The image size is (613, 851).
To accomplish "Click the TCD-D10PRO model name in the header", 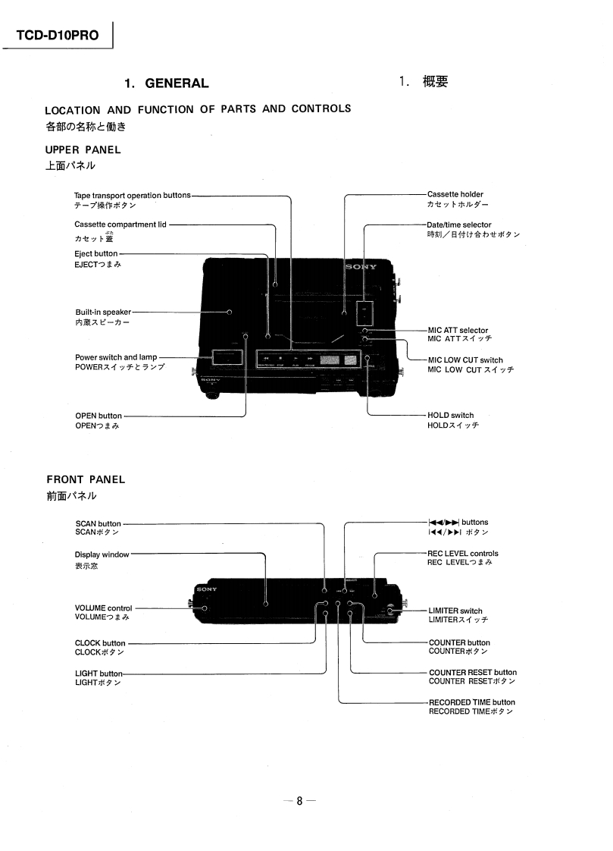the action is (58, 36).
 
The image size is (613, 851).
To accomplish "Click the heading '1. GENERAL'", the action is (167, 83).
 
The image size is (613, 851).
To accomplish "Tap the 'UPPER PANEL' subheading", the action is (83, 149).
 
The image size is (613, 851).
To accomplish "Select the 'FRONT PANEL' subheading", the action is (86, 479).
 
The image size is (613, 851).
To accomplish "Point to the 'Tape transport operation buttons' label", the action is (133, 196).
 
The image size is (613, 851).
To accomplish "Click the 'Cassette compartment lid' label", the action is (120, 225).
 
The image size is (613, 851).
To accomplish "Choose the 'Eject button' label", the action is (96, 253).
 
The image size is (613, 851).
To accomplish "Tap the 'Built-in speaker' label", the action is (103, 312).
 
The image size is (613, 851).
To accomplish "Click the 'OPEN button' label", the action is (99, 416).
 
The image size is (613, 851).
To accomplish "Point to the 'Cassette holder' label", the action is (455, 195).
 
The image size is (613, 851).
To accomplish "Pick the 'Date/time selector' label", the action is (459, 225).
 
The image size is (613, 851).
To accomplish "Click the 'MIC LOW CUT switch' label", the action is (465, 360).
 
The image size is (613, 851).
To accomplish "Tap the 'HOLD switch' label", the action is (451, 416).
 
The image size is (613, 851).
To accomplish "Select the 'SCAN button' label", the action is (99, 523).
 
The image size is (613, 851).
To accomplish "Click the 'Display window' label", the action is (102, 554).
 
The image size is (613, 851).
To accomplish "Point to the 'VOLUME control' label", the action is (104, 608).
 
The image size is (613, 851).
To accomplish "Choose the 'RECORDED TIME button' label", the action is (472, 702).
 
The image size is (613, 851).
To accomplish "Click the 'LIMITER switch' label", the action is (455, 611).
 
